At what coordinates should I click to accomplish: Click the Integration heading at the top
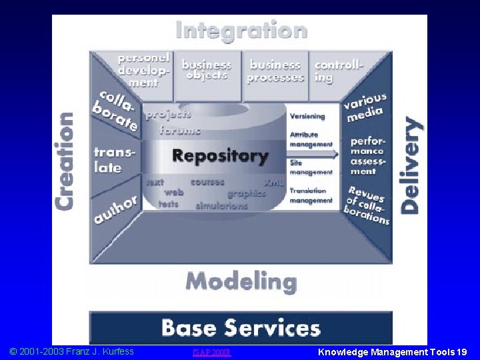(241, 31)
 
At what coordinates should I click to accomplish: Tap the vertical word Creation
(65, 161)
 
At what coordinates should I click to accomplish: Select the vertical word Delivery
(411, 165)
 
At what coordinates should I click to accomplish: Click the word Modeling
(241, 281)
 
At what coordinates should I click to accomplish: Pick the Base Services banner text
(241, 328)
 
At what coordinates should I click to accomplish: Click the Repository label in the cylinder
(220, 157)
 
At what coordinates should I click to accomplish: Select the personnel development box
(143, 70)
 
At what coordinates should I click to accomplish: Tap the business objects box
(207, 70)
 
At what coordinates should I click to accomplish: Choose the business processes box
(275, 71)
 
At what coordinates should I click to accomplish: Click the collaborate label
(117, 109)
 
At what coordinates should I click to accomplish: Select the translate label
(115, 161)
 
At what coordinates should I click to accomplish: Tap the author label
(115, 209)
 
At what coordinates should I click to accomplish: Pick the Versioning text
(307, 116)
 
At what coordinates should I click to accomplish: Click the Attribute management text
(311, 139)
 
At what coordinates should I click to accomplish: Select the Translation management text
(311, 195)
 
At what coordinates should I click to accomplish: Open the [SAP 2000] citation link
(211, 352)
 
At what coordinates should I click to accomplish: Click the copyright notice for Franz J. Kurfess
(71, 351)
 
